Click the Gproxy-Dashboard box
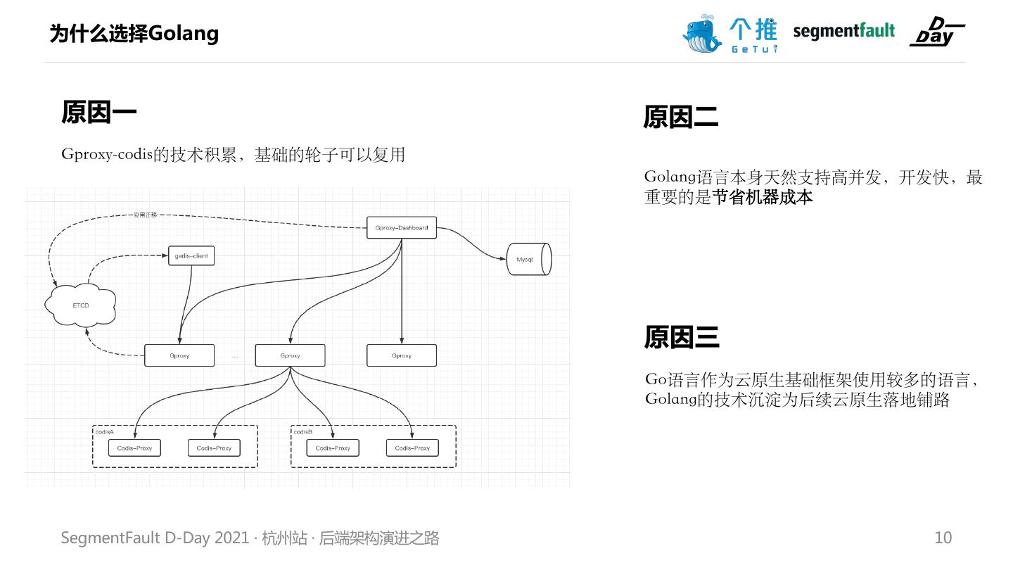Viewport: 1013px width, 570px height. pyautogui.click(x=402, y=228)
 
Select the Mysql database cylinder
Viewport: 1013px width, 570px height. pyautogui.click(x=529, y=260)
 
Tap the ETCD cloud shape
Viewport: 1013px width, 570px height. pyautogui.click(x=80, y=305)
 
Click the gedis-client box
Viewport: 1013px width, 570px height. pyautogui.click(x=191, y=255)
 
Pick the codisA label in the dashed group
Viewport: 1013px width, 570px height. pyautogui.click(x=105, y=431)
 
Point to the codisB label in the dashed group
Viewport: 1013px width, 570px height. pyautogui.click(x=303, y=431)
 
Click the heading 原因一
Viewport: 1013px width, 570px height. pyautogui.click(x=98, y=112)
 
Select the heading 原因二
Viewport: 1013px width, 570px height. pyautogui.click(x=680, y=117)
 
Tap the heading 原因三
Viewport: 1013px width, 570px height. pyautogui.click(x=681, y=337)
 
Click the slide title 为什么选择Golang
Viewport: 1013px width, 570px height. pyautogui.click(x=134, y=33)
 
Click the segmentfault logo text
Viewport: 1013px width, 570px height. pyautogui.click(x=843, y=31)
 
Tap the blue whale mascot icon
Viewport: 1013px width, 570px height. pyautogui.click(x=701, y=33)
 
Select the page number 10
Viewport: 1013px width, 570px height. pyautogui.click(x=943, y=538)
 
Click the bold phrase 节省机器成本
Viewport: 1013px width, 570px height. pyautogui.click(x=763, y=197)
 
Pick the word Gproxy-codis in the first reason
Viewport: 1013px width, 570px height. pyautogui.click(x=107, y=154)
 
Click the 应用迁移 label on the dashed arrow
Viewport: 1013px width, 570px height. pyautogui.click(x=145, y=215)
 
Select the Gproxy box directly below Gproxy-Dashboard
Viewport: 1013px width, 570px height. pyautogui.click(x=402, y=355)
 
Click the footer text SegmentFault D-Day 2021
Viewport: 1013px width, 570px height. pyautogui.click(x=155, y=538)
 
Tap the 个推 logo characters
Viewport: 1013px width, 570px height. pyautogui.click(x=753, y=29)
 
